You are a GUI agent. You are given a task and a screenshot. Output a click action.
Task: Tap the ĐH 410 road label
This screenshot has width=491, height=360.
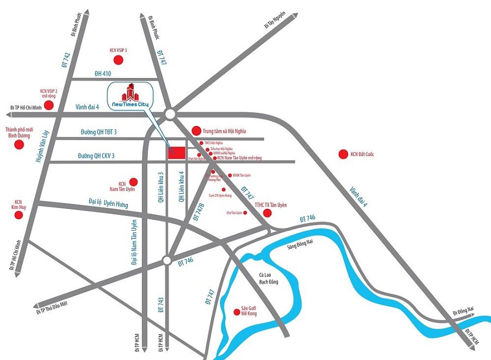pyautogui.click(x=103, y=74)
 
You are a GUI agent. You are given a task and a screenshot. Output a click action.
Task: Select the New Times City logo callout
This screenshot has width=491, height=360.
pyautogui.click(x=130, y=96)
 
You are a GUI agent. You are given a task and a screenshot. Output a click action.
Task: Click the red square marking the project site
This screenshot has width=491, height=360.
pyautogui.click(x=176, y=153)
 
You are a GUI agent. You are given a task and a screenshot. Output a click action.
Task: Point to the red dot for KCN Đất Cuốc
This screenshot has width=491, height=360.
pyautogui.click(x=343, y=154)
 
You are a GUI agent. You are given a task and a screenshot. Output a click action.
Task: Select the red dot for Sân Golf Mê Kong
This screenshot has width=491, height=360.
pyautogui.click(x=236, y=312)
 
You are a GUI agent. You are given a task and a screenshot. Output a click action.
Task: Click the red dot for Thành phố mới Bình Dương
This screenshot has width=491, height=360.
pyautogui.click(x=19, y=145)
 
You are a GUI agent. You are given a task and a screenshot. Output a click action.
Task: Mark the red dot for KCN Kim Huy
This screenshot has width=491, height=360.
pyautogui.click(x=19, y=215)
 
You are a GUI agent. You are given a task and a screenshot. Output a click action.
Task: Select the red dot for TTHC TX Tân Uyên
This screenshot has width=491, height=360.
pyautogui.click(x=267, y=212)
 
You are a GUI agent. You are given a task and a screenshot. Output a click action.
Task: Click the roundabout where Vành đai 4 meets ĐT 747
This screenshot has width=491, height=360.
pyautogui.click(x=170, y=113)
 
